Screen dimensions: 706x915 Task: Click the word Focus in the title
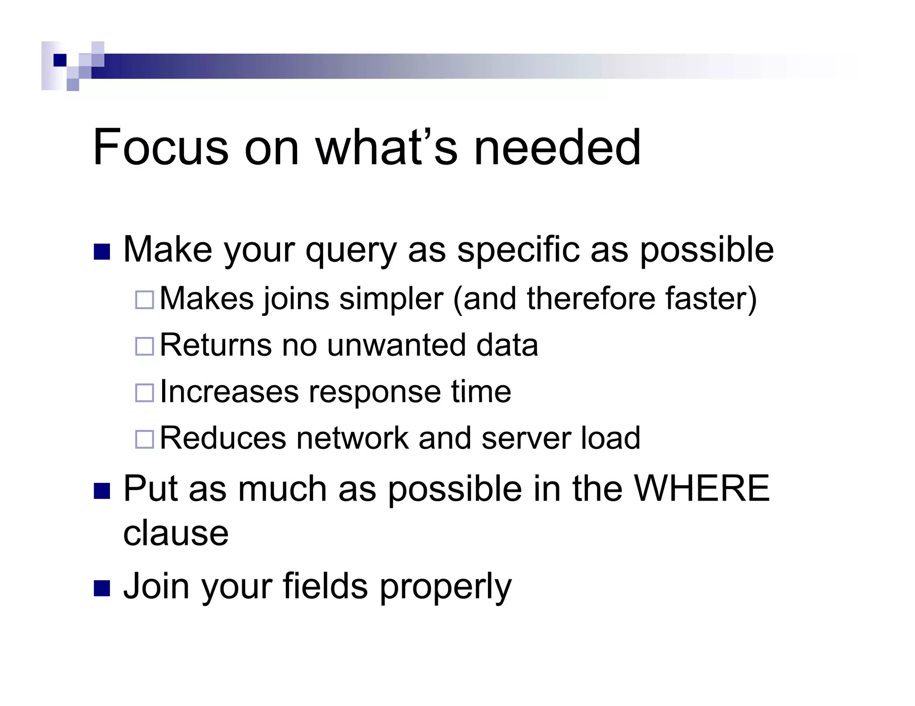pos(160,148)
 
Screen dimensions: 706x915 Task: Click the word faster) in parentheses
pos(711,299)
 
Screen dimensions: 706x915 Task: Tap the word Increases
pos(229,392)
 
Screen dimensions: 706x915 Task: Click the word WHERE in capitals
pos(702,489)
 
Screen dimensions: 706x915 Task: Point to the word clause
pos(176,533)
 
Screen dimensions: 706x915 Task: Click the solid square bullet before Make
pos(102,252)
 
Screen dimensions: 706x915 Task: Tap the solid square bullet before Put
pos(102,491)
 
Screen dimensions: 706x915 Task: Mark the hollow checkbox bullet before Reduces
pos(144,439)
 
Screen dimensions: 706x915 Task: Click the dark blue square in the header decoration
pos(60,60)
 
